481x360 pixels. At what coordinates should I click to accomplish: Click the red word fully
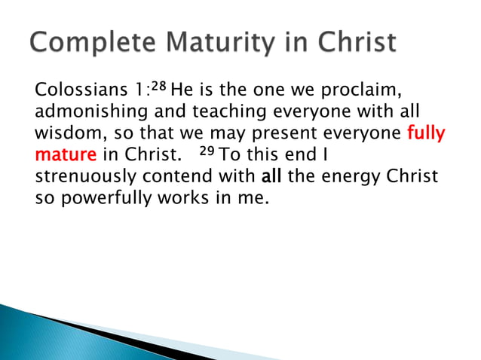click(426, 136)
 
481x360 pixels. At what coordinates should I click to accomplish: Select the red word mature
click(65, 157)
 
